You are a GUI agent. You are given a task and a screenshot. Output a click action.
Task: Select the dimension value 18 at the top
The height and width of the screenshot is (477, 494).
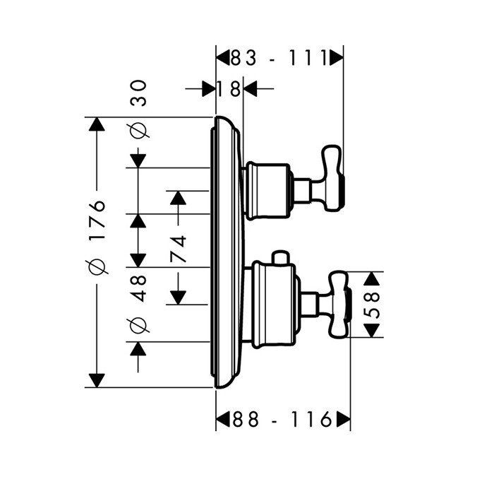tap(229, 89)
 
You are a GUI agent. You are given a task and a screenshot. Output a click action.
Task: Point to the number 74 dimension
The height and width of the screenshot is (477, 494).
tap(178, 249)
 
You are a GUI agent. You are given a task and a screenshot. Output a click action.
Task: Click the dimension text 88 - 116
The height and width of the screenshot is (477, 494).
tap(282, 420)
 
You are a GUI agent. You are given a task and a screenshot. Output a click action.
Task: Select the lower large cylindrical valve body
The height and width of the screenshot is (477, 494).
tap(271, 306)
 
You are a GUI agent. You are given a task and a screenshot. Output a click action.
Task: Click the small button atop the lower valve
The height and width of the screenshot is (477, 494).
tap(280, 256)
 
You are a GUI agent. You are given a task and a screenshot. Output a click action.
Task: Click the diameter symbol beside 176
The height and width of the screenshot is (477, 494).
tap(97, 266)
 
